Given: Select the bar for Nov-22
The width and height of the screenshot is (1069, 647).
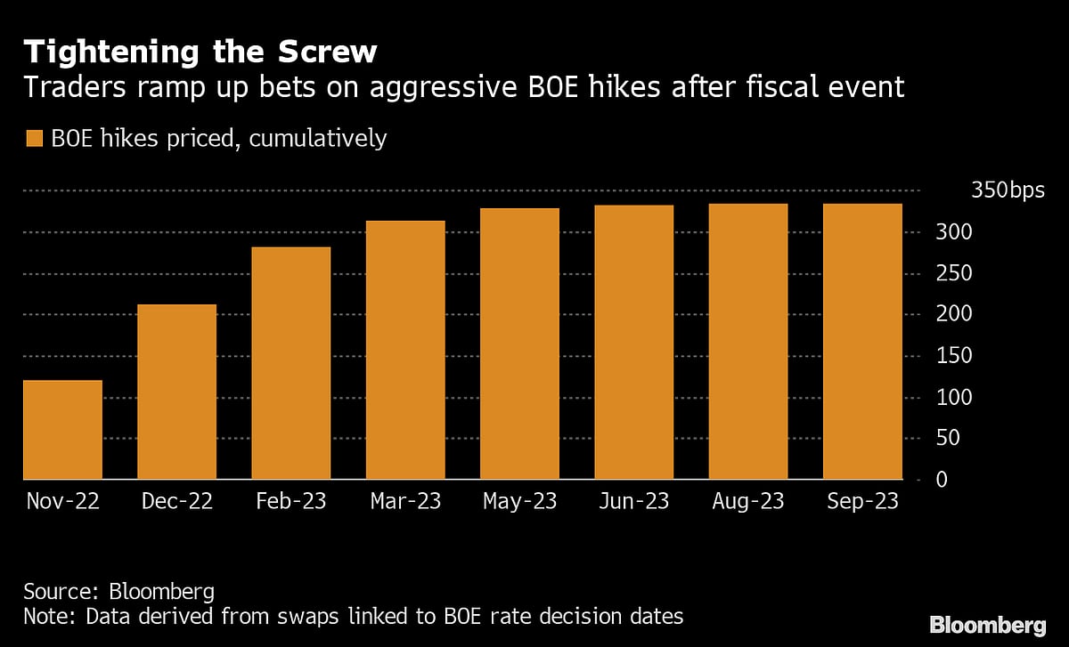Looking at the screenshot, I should point(62,430).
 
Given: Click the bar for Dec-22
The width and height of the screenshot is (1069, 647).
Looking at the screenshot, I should point(176,392).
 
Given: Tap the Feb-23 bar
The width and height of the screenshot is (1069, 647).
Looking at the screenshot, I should point(291,363).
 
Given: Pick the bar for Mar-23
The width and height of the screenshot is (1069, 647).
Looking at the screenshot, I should point(405,350).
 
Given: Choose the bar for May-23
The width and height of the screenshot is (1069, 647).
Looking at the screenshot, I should point(519,344).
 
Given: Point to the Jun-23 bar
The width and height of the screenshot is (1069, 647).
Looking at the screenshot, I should point(634,343).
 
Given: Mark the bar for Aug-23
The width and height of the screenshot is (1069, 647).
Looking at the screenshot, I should point(748,342).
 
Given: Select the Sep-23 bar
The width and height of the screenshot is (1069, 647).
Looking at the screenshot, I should point(862,342).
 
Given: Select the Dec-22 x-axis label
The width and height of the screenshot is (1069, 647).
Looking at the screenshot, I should point(176,502).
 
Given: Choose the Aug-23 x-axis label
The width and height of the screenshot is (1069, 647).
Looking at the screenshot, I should point(748,502).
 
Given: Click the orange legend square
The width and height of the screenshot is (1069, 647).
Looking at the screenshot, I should point(35,139).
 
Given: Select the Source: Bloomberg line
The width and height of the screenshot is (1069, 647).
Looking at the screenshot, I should point(118,592).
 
